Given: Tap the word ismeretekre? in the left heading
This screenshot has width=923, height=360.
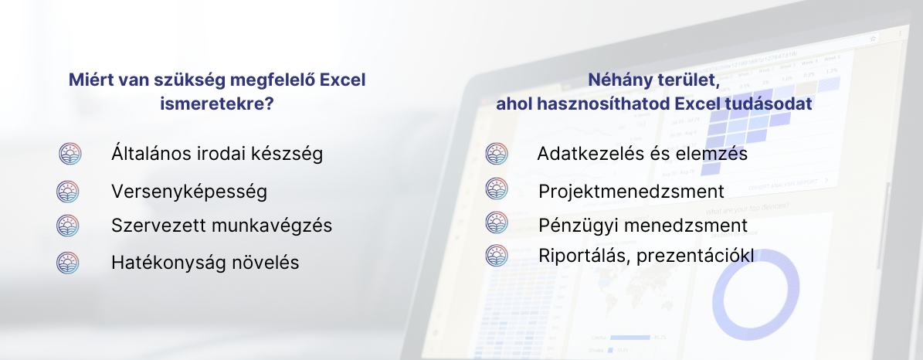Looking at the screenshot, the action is [216, 104].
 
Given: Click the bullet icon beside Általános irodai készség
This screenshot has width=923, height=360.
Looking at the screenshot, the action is [70, 154].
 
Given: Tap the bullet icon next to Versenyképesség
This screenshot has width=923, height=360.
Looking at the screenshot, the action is [68, 192].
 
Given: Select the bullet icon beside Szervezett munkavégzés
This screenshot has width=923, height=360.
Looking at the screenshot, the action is [68, 226].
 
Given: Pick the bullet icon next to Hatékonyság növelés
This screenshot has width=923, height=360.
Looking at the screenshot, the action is [68, 263].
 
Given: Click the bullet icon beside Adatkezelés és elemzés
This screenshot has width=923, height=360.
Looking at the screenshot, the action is [497, 154].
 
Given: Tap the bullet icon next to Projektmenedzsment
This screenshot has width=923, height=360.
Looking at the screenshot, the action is [497, 189].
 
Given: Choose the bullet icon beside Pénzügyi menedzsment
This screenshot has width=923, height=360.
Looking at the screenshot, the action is [497, 222].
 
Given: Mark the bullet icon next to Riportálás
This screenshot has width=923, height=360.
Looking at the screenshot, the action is [497, 256].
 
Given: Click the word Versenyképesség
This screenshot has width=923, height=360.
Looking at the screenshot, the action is [189, 192].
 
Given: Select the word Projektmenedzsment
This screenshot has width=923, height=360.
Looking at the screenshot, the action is [631, 192].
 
